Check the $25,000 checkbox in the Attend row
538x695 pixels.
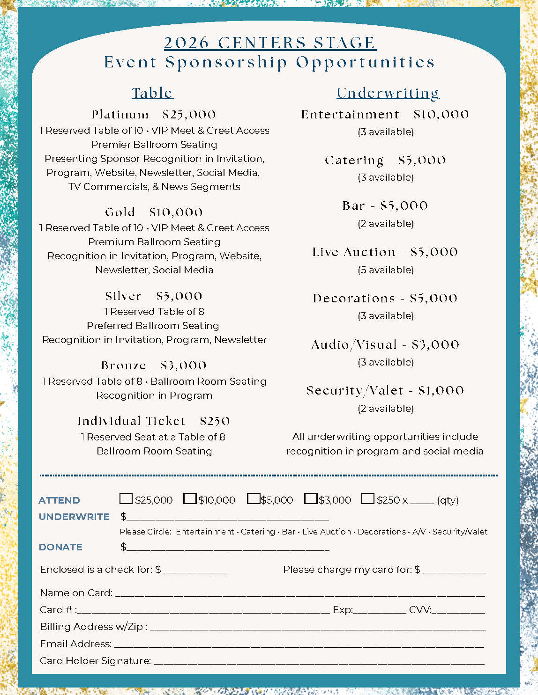(126, 499)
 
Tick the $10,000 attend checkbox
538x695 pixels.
(190, 499)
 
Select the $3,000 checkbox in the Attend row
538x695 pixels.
(311, 499)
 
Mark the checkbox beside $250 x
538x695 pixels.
(368, 499)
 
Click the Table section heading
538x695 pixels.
(152, 93)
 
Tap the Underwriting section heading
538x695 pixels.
(388, 93)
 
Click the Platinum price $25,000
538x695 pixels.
(189, 115)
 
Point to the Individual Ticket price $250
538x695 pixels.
(215, 421)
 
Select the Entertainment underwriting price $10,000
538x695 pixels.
(441, 115)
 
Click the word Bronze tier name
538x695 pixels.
(124, 366)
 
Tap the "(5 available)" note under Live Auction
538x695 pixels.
(386, 270)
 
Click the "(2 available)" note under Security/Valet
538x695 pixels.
(386, 409)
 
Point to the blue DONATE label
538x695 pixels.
(60, 547)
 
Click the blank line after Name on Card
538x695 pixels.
(300, 593)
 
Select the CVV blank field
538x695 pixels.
(458, 610)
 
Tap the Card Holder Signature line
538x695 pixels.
(319, 661)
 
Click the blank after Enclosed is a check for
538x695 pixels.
(195, 570)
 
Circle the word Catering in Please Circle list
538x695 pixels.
(258, 532)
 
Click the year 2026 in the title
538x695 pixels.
(187, 43)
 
